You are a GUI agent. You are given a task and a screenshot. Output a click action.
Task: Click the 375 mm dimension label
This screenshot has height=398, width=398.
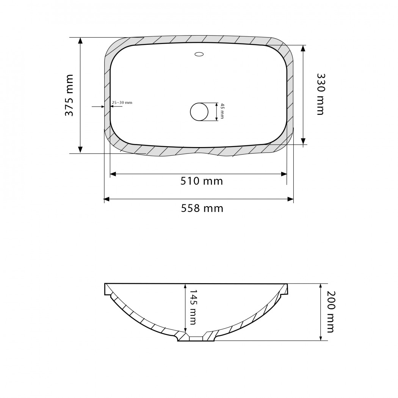[x=69, y=95]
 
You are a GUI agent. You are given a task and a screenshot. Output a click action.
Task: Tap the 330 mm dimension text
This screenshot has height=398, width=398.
[x=321, y=94]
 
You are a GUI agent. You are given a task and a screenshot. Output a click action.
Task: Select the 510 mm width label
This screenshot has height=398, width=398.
[x=202, y=181]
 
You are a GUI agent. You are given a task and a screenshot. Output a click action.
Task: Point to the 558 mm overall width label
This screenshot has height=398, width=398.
[x=202, y=208]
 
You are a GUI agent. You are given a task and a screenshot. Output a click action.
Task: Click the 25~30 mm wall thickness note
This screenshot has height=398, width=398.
[x=122, y=103]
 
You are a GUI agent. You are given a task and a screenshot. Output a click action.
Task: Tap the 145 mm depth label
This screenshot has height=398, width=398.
[x=193, y=307]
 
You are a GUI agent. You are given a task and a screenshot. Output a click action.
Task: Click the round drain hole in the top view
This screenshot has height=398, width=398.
[x=199, y=112]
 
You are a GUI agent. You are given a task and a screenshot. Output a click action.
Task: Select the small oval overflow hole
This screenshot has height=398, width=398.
[x=199, y=54]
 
